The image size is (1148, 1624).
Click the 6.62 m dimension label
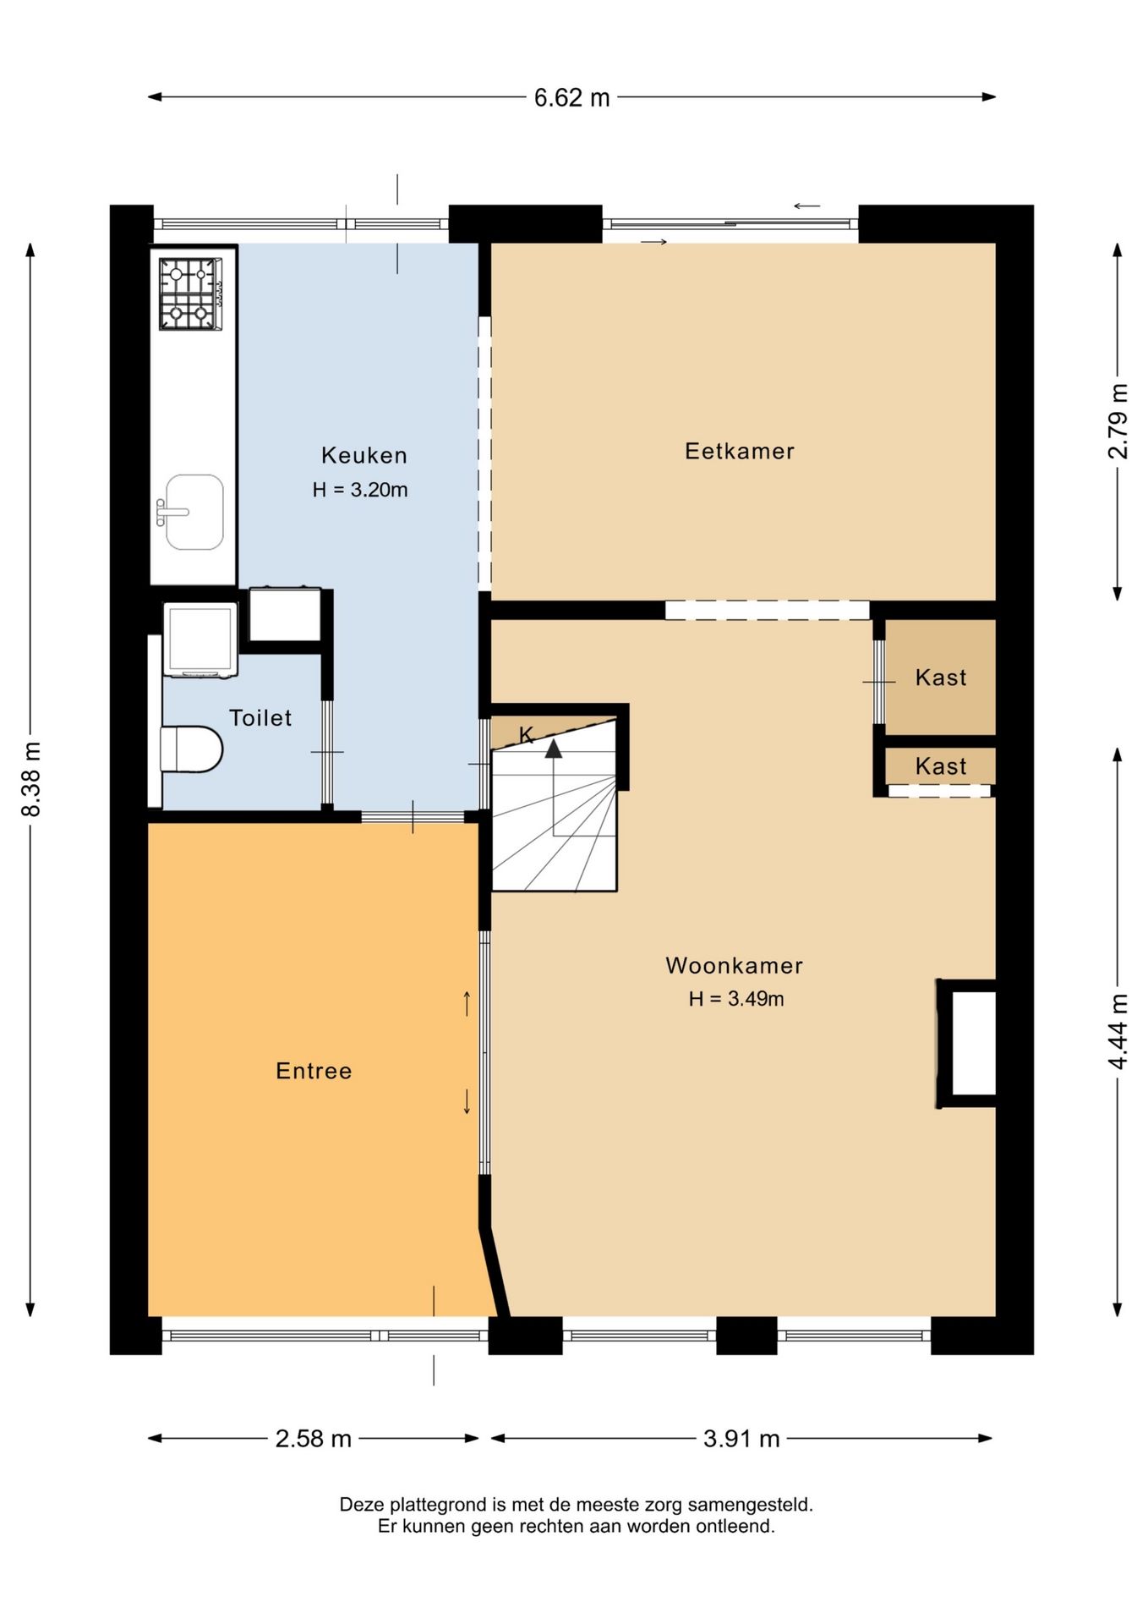tap(571, 98)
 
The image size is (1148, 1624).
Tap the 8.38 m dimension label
tap(31, 779)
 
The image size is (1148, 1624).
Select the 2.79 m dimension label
tap(1118, 421)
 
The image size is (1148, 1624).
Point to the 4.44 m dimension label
tap(1118, 1031)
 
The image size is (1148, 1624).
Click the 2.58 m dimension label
tap(313, 1438)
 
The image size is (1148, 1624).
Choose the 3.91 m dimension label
tap(741, 1438)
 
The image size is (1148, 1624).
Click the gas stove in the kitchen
tap(191, 294)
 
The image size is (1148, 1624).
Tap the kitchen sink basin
tap(194, 512)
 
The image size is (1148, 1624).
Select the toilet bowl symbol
tap(192, 749)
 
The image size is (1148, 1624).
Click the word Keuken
tap(364, 455)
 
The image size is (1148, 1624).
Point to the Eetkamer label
tap(740, 451)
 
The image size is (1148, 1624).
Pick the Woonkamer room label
tap(734, 965)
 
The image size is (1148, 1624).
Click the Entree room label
tap(314, 1071)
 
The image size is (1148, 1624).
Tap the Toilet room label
tap(260, 718)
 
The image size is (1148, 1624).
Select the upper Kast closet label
tap(941, 678)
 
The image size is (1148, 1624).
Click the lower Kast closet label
tap(941, 766)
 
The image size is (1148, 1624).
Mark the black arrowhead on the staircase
tap(553, 748)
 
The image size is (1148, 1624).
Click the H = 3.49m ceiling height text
tap(735, 999)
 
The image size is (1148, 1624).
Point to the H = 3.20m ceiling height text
tap(360, 490)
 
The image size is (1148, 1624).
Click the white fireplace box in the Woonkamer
tap(973, 1043)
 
